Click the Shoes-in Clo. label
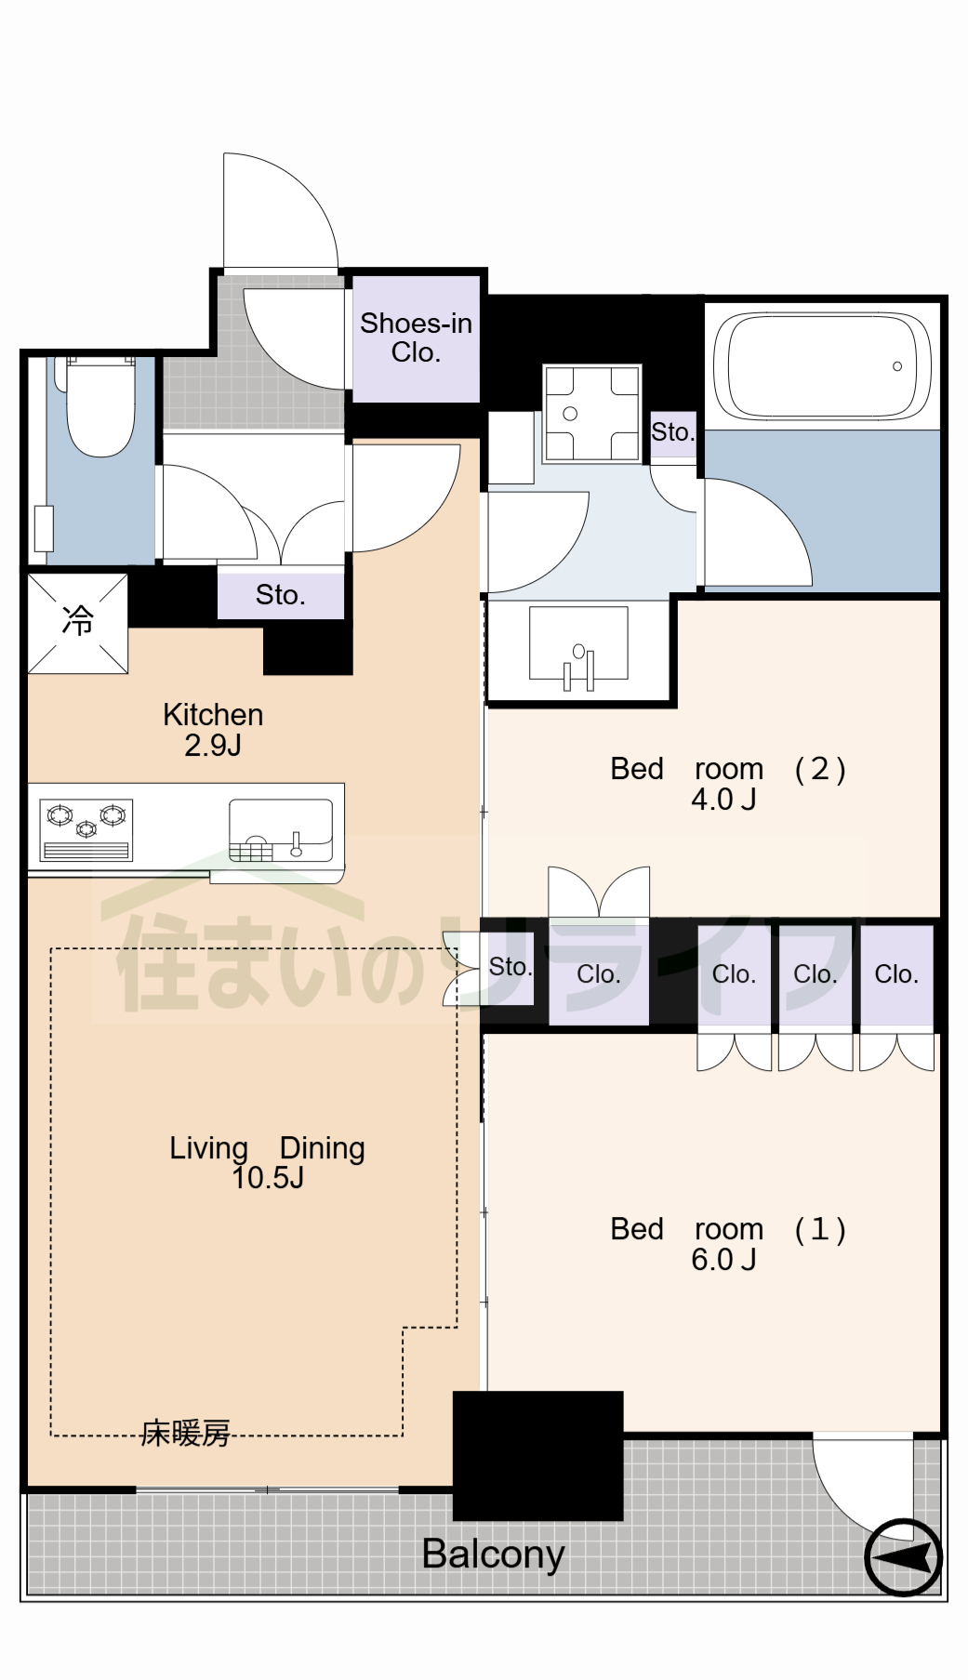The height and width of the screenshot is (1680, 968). [416, 337]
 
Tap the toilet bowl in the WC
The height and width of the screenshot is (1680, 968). [100, 409]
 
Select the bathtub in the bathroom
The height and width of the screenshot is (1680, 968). [822, 366]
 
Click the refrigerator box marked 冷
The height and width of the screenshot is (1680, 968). [77, 621]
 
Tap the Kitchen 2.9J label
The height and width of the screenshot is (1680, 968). [213, 729]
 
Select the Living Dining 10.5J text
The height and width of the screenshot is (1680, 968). [267, 1162]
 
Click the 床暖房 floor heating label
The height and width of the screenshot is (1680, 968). [185, 1433]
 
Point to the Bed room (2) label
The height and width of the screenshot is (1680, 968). [727, 783]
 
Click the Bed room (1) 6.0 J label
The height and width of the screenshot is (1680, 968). [727, 1243]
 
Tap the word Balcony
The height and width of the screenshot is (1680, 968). [493, 1554]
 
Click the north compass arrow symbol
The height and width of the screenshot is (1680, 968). [903, 1556]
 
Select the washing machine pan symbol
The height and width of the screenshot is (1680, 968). [592, 414]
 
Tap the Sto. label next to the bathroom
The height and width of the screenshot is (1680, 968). [672, 432]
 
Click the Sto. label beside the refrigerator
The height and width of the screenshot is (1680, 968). [280, 595]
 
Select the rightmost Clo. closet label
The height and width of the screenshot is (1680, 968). [896, 974]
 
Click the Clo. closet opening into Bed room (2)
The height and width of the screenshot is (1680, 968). [598, 974]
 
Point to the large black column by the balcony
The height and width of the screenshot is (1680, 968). [537, 1455]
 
